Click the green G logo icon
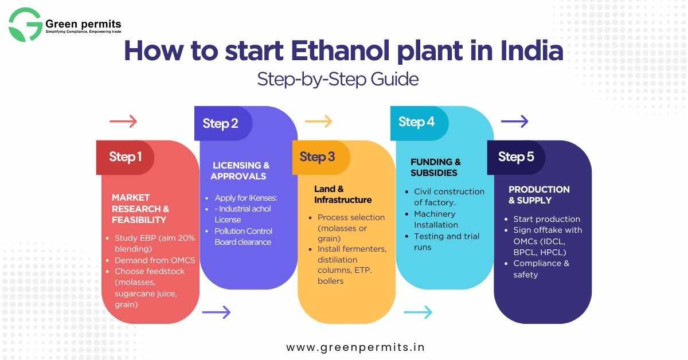(x=25, y=25)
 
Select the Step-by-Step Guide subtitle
(x=338, y=80)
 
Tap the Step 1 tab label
(x=126, y=157)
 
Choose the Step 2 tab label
(x=220, y=124)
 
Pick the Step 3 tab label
(x=317, y=157)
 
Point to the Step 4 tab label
(x=416, y=122)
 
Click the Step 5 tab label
(x=516, y=157)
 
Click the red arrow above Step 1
(x=123, y=122)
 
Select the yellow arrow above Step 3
(x=319, y=122)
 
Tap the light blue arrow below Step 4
(x=418, y=312)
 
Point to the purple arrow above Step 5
(x=514, y=122)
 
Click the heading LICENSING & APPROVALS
(x=240, y=171)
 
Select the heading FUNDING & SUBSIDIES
(x=436, y=167)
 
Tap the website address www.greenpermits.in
(x=355, y=347)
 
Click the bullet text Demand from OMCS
(x=155, y=260)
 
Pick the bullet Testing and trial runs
(x=447, y=242)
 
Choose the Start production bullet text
(x=547, y=219)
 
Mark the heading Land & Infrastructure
(x=343, y=194)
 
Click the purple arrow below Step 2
(x=216, y=312)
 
